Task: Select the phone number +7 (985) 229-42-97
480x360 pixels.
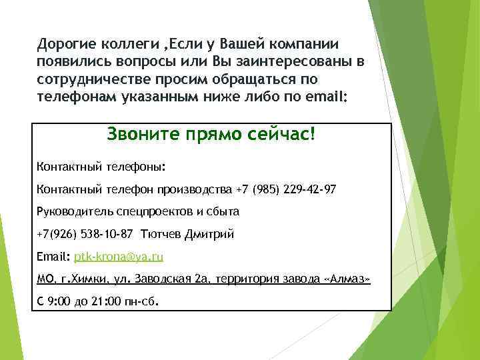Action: pos(286,190)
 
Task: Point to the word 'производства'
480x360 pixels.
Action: pos(195,190)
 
